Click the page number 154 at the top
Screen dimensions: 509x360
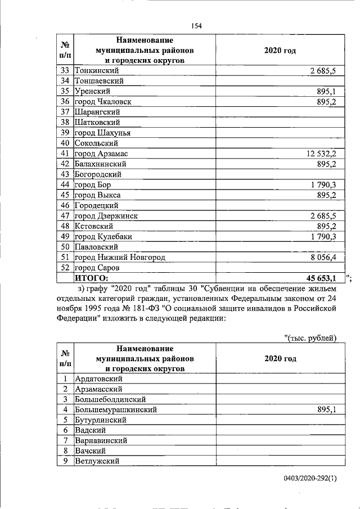point(196,26)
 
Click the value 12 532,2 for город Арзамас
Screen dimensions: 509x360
point(320,154)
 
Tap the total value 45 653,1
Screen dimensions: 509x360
point(321,278)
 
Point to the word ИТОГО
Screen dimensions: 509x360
point(92,278)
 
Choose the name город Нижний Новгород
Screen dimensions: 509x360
point(120,257)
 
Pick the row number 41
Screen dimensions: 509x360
point(65,154)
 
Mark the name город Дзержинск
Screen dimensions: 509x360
point(106,215)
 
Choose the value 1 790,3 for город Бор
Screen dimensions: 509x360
point(323,184)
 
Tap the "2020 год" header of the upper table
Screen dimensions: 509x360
point(280,50)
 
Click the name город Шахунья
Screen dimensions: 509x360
point(102,133)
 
